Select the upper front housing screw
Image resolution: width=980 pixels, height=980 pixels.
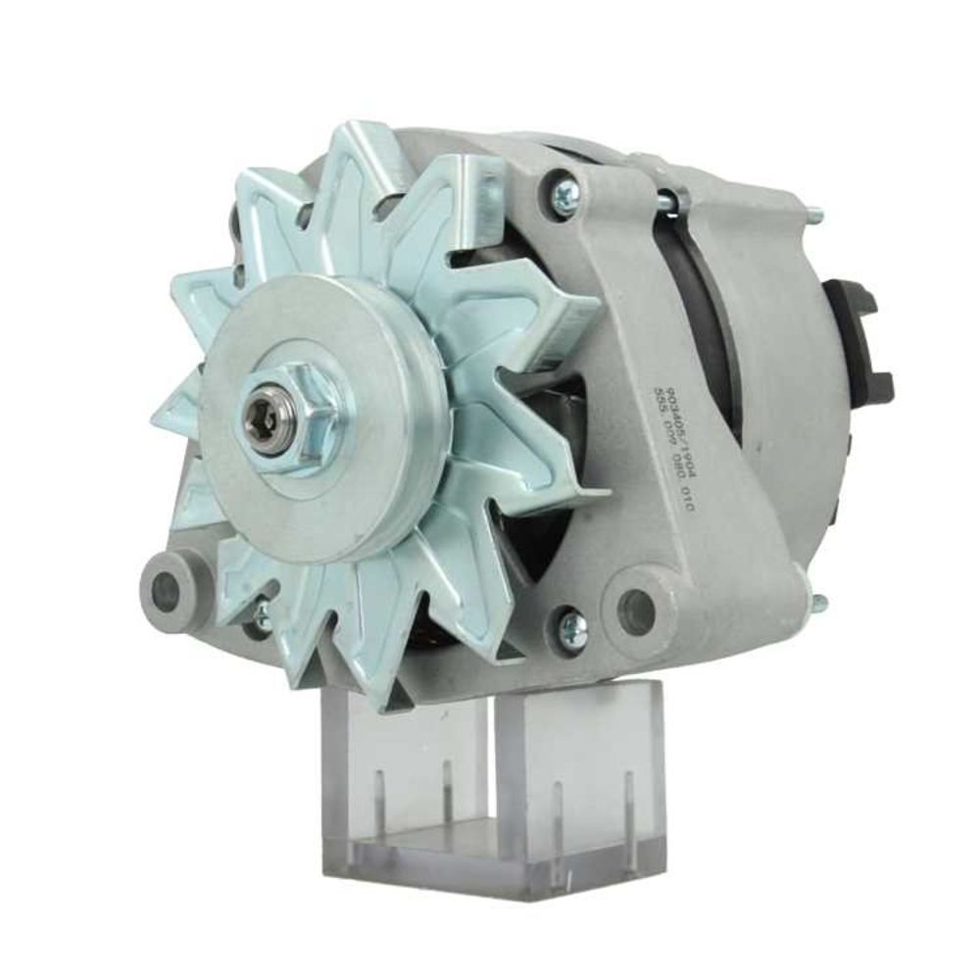coord(564,193)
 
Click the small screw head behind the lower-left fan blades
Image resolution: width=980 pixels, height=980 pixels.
coord(262,615)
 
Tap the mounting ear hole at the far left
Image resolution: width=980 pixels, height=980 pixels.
coord(168,590)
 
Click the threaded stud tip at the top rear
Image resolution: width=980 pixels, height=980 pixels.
coord(815,212)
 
